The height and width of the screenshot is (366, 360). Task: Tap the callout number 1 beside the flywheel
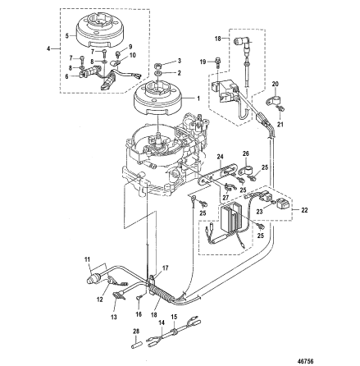tap(198, 98)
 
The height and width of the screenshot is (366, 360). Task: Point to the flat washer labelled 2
tap(157, 73)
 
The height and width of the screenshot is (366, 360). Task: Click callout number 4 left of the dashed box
tap(48, 49)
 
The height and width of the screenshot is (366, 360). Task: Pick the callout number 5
tap(66, 35)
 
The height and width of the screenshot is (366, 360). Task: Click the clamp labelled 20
tap(274, 102)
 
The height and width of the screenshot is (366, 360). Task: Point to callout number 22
tap(304, 210)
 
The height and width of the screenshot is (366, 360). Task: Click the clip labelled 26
tap(245, 171)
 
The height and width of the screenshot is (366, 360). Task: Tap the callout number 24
tap(221, 157)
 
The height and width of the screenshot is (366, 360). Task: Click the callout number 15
tap(174, 317)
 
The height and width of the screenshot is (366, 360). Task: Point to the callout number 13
tap(114, 317)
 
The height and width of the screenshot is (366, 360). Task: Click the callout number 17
tap(166, 268)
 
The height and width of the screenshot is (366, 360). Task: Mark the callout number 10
tap(133, 55)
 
